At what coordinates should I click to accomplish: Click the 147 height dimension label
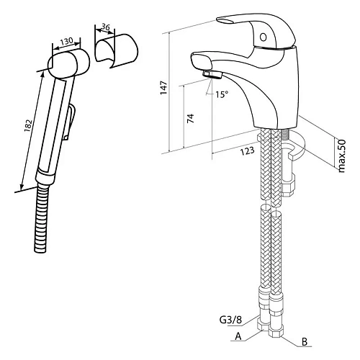(x=164, y=88)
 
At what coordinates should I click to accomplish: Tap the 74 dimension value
(x=191, y=119)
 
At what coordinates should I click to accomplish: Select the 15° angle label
(x=221, y=94)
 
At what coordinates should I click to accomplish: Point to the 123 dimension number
(x=248, y=151)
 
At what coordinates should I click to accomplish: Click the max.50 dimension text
(x=341, y=156)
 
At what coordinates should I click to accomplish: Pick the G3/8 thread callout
(x=230, y=320)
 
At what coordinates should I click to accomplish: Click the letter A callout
(x=238, y=336)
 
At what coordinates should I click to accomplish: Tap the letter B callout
(x=305, y=342)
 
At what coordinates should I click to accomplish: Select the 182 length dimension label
(x=28, y=125)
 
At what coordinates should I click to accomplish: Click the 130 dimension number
(x=66, y=41)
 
